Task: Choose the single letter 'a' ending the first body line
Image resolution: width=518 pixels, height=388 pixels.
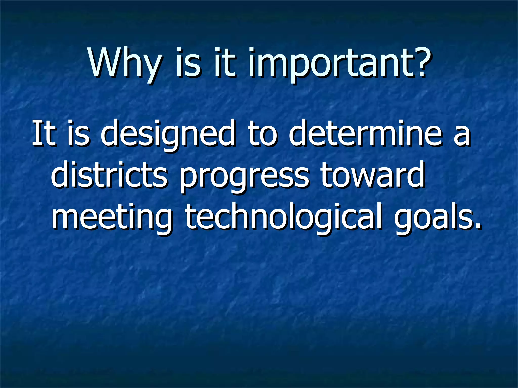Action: click(x=462, y=136)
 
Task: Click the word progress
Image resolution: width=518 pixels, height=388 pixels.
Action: click(x=244, y=177)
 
